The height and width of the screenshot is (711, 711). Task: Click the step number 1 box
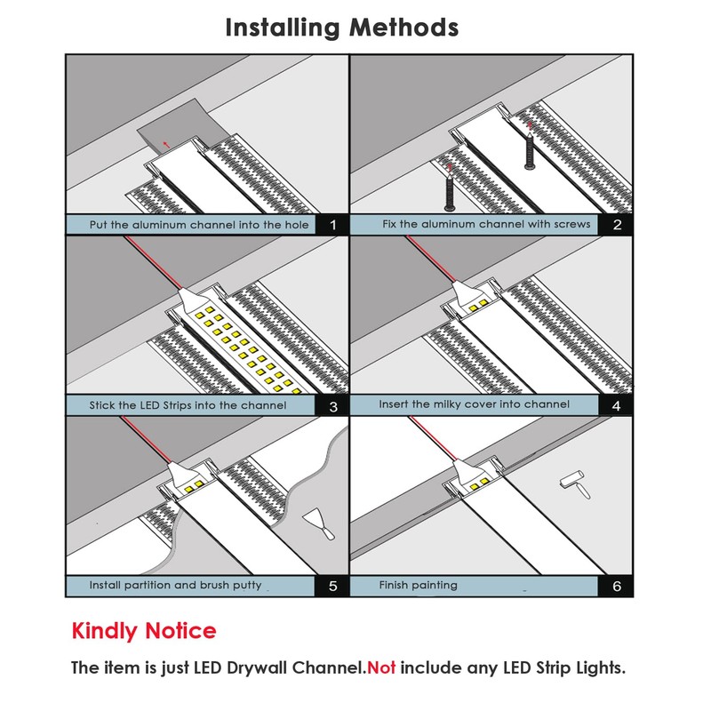click(333, 225)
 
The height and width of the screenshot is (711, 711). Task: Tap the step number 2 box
click(617, 224)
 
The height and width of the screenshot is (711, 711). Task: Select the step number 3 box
click(333, 407)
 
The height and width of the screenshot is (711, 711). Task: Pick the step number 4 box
click(617, 405)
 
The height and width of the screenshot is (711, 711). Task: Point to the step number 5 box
click(333, 587)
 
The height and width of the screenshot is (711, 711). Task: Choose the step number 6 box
click(617, 587)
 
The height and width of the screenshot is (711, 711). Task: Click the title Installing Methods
click(342, 28)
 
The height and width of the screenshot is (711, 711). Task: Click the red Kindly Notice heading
click(143, 631)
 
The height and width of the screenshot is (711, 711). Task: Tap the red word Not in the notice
click(381, 667)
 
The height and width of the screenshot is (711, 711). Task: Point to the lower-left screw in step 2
click(450, 195)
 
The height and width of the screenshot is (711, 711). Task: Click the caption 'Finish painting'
click(418, 586)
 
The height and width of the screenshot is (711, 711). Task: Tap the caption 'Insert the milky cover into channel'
click(474, 404)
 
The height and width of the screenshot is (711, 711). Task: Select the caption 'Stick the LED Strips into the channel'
click(188, 406)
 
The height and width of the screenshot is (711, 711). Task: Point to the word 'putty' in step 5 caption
click(244, 586)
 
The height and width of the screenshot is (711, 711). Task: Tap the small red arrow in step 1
click(166, 141)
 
